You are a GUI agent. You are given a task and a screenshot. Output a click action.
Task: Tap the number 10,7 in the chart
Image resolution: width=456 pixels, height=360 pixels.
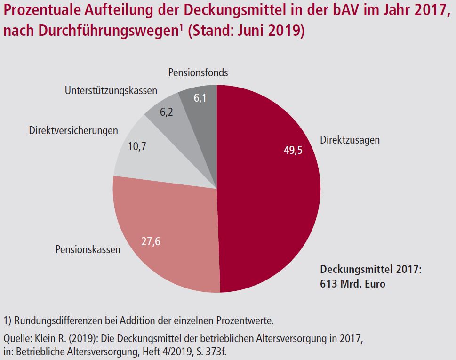(x=137, y=146)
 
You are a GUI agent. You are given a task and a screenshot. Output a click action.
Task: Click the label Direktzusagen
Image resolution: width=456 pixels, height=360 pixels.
(x=350, y=140)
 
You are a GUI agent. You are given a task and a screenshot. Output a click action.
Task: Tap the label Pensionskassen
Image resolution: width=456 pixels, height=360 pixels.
(x=88, y=249)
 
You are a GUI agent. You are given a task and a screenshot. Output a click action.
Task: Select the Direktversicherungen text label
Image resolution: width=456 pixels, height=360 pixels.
(x=73, y=130)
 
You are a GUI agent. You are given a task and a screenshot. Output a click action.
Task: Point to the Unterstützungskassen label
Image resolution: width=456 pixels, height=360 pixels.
(x=111, y=90)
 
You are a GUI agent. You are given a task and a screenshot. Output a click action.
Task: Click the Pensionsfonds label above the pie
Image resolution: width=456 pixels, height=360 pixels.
(x=198, y=72)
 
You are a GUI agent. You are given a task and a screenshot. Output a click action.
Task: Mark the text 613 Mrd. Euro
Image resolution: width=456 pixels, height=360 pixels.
(x=352, y=284)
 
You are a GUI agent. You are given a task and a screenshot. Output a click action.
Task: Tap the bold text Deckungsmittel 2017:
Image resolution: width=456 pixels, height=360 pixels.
(x=370, y=270)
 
